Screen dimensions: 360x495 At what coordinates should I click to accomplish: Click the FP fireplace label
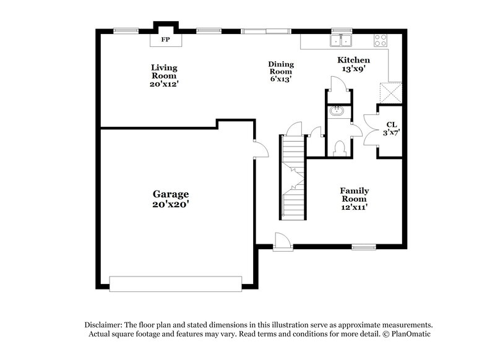point(165,40)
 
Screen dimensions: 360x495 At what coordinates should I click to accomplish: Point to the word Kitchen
point(353,60)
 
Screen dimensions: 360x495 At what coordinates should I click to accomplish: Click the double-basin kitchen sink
point(341,41)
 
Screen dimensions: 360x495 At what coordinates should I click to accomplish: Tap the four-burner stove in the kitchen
point(381,41)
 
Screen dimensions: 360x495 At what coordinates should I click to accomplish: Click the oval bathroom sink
point(337,112)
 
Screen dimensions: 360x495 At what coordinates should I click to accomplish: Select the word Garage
point(171,194)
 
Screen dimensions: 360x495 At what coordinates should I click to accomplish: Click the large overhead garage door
point(175,283)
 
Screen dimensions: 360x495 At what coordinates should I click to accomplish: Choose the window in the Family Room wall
point(364,247)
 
